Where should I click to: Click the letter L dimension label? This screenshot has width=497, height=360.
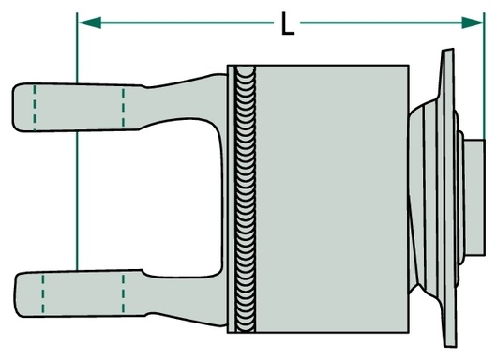click(288, 23)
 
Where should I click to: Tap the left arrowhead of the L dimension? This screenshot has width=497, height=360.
click(90, 22)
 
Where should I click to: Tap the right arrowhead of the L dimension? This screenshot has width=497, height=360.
click(473, 22)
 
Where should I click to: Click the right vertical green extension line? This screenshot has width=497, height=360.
click(484, 76)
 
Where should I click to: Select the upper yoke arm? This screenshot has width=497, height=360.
click(119, 104)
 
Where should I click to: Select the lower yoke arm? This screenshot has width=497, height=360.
click(120, 294)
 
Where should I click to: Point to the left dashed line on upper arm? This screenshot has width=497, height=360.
click(35, 107)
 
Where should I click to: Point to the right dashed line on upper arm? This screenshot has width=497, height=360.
click(123, 108)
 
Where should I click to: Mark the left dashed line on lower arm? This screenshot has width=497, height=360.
click(43, 294)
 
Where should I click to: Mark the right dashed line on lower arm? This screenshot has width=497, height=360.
click(123, 293)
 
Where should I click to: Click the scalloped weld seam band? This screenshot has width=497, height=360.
click(245, 199)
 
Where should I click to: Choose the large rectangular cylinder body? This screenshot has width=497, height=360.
click(332, 199)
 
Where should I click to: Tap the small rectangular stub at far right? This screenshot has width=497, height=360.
click(474, 198)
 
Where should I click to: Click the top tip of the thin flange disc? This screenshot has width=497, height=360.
click(447, 50)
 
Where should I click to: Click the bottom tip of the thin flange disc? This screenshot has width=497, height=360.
click(451, 346)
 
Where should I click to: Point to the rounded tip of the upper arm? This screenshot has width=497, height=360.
click(14, 107)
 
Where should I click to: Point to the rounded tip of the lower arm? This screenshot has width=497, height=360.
click(16, 294)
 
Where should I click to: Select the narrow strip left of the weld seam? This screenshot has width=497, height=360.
click(232, 199)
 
